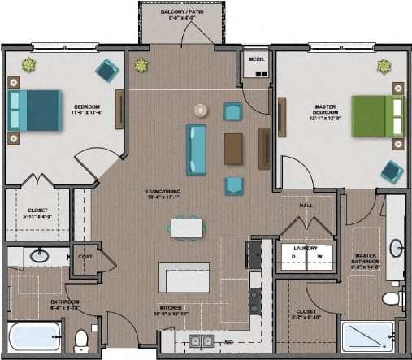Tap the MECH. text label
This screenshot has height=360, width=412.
click(x=256, y=59)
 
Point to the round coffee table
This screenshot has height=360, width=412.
click(x=202, y=110)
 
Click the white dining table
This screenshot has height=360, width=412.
click(x=186, y=228)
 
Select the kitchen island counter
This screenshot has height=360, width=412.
click(x=184, y=277)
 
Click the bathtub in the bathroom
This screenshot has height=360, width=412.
click(x=33, y=336)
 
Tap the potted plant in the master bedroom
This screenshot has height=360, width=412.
click(x=384, y=66)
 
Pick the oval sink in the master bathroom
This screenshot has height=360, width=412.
click(x=396, y=248)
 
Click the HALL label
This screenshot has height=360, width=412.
click(x=306, y=206)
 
